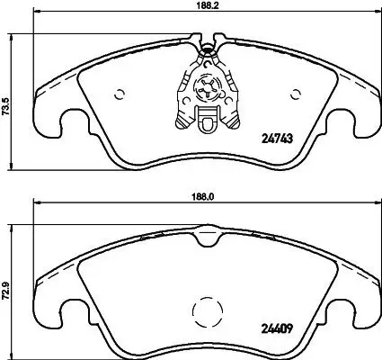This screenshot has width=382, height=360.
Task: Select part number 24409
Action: (278, 328)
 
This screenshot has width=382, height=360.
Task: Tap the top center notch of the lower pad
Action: (207, 237)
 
